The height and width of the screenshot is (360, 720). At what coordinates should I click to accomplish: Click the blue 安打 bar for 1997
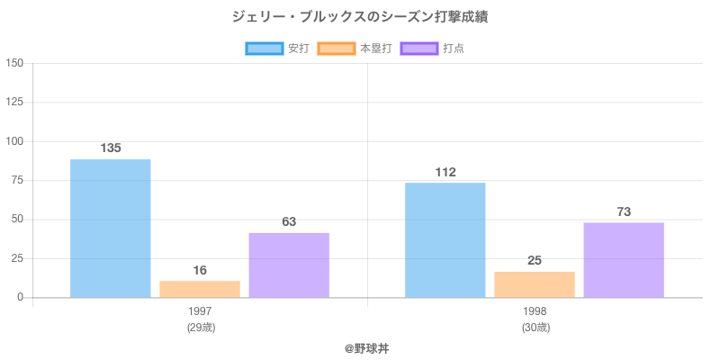click(110, 229)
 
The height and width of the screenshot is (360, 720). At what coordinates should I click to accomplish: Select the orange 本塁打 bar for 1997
click(200, 289)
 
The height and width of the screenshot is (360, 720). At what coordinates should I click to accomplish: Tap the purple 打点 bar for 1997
click(289, 265)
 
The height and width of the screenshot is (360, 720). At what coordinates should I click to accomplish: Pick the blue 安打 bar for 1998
click(445, 240)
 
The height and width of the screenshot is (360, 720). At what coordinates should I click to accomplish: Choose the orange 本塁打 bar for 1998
click(535, 284)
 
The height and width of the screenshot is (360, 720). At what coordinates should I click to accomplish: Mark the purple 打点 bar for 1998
click(624, 260)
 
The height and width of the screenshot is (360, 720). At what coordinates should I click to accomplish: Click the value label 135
click(111, 148)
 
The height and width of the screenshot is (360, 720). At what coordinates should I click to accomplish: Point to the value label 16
click(200, 270)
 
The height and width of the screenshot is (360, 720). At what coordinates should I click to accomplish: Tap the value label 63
click(289, 221)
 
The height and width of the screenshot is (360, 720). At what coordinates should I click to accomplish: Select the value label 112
click(445, 172)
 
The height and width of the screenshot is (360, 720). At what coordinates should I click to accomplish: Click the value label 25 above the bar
click(535, 260)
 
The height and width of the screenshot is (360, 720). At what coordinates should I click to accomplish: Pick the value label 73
click(624, 211)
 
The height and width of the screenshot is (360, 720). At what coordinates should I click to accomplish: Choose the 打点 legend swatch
click(419, 49)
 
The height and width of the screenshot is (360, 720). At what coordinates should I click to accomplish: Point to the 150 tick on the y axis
click(14, 63)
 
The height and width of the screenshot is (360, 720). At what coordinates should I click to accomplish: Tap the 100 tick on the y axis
click(14, 141)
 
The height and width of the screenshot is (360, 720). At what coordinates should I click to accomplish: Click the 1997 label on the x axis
click(200, 311)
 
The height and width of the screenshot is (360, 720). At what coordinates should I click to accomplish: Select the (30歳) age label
click(535, 328)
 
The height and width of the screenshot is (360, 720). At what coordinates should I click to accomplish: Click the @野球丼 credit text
click(366, 347)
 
